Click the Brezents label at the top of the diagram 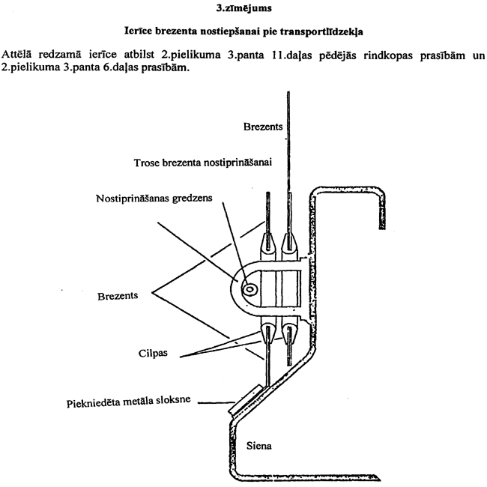262,127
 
